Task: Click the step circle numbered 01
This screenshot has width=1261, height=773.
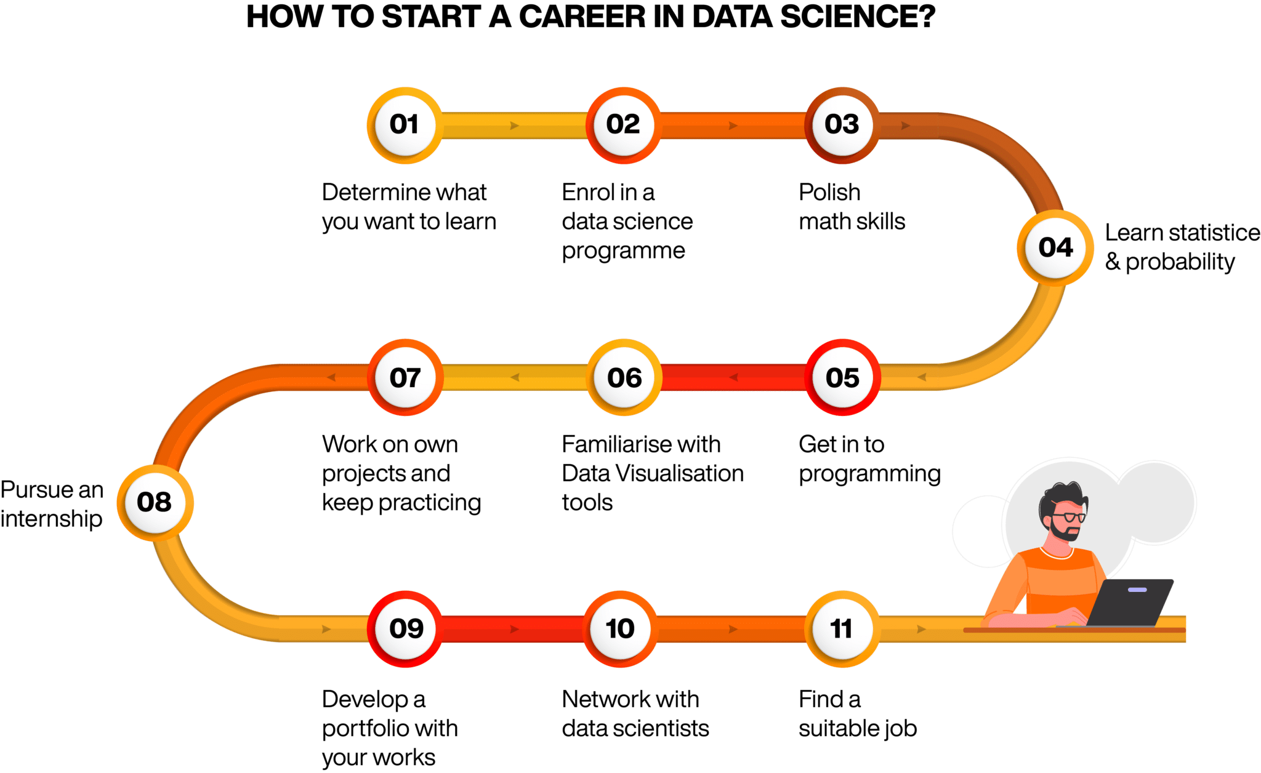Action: (405, 126)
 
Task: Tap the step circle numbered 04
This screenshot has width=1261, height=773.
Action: (1055, 248)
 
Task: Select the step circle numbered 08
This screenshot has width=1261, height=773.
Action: (155, 503)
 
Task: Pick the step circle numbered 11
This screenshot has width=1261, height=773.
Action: (842, 629)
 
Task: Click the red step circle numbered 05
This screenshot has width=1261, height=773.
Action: (842, 377)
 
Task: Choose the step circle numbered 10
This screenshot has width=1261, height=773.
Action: (621, 629)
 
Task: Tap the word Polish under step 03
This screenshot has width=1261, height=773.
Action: (829, 193)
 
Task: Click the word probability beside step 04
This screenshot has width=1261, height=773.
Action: (1180, 263)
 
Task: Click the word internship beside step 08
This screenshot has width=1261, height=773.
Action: (52, 519)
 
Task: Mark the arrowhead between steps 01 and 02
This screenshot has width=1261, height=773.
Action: (515, 126)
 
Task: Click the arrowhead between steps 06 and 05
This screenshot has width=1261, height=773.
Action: (733, 377)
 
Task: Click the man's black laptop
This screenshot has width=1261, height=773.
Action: (1130, 603)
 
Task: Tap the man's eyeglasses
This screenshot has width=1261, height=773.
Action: (1070, 516)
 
